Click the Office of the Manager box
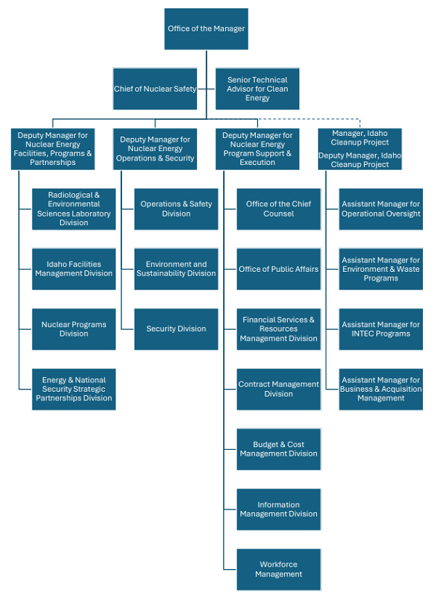(x=206, y=29)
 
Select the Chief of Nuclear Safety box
(x=155, y=89)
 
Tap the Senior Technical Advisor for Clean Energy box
(x=257, y=89)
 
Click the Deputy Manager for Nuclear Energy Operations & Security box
(x=155, y=149)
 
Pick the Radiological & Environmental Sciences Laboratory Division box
(x=73, y=209)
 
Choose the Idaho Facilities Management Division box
(x=73, y=269)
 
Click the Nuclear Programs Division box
(x=73, y=329)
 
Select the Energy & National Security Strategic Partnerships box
(x=73, y=389)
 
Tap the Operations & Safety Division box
(x=176, y=209)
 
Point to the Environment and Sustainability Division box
(x=176, y=269)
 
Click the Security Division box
(x=176, y=329)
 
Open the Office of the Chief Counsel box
(x=278, y=209)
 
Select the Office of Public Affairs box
(x=278, y=269)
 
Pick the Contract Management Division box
(x=278, y=389)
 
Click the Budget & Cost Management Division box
(x=278, y=449)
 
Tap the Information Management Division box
(x=278, y=509)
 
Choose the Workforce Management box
(x=278, y=569)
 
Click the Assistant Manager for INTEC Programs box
(x=381, y=329)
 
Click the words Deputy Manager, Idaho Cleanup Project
(x=360, y=160)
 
